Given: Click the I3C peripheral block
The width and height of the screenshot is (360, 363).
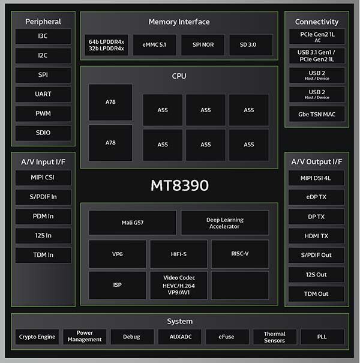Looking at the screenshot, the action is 43,36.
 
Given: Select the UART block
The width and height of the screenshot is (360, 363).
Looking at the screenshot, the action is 43,94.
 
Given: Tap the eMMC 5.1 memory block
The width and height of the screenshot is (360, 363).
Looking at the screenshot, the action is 154,44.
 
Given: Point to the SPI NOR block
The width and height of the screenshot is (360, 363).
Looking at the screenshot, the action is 203,44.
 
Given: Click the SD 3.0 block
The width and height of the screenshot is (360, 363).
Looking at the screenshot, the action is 251,44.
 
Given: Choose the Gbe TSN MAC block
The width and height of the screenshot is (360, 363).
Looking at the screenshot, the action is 317,114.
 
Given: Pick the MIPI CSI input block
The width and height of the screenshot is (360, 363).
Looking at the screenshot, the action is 43,178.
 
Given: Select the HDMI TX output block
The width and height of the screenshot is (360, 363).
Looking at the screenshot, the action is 316,236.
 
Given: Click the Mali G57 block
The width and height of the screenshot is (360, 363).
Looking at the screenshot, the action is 133,223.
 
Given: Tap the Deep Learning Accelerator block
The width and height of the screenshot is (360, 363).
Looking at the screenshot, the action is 225,223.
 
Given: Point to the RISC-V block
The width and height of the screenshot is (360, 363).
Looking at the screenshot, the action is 240,254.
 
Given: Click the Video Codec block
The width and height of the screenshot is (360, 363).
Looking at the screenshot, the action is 179,285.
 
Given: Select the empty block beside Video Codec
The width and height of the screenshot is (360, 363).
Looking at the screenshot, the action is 240,285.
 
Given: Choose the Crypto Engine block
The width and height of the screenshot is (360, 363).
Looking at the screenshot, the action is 37,337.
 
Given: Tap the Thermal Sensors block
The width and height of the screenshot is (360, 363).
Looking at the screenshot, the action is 275,337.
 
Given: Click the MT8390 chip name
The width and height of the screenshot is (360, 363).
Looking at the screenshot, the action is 179,185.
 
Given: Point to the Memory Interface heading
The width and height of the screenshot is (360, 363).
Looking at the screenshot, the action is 179,22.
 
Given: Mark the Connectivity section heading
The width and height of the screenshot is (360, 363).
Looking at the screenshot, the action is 317,22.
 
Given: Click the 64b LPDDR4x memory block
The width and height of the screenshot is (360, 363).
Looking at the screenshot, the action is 106,44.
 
